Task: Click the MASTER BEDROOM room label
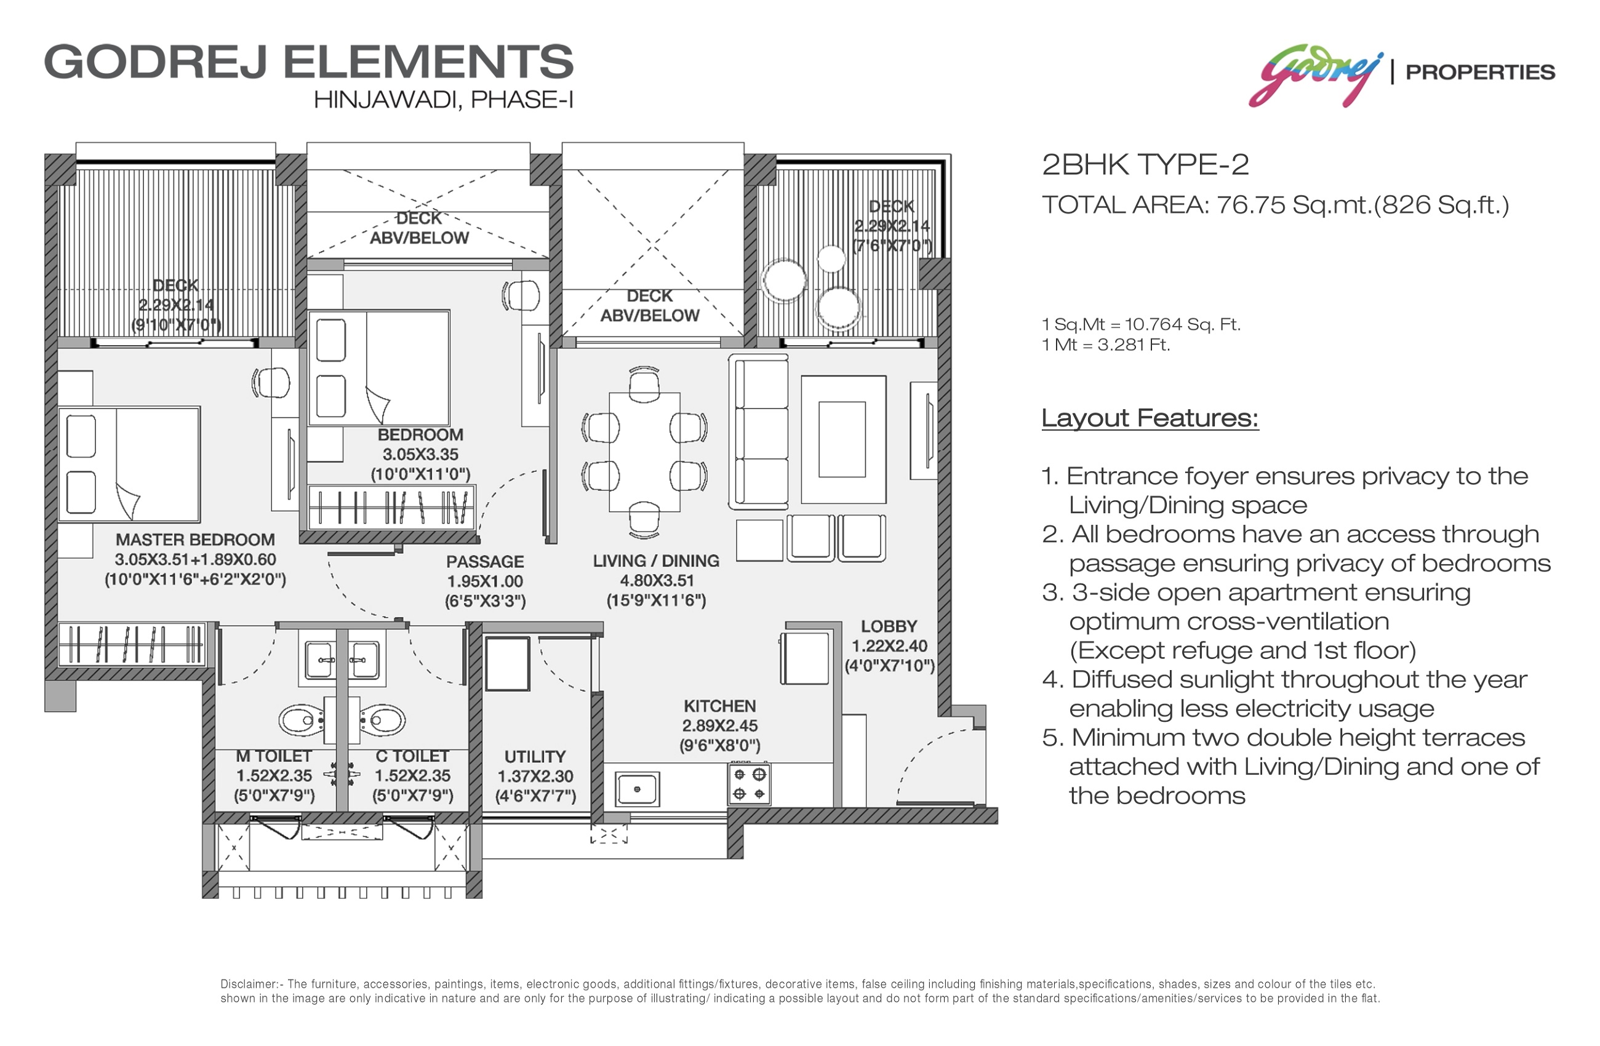coord(195,540)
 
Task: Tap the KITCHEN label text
coord(720,706)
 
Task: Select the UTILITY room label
coord(535,757)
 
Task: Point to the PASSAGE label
coord(486,562)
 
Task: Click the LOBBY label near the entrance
coord(889,626)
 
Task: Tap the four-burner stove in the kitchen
coord(750,784)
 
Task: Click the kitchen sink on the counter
coord(637,789)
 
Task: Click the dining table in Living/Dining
coord(644,452)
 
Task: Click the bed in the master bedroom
coord(129,465)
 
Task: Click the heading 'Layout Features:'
coord(1150,418)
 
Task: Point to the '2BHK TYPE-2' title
coord(1146,165)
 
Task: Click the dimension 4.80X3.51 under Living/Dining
coord(657,581)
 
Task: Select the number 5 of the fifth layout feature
coord(1050,738)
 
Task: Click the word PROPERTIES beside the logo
coord(1481,72)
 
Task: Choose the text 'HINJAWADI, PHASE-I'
coord(444,100)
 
